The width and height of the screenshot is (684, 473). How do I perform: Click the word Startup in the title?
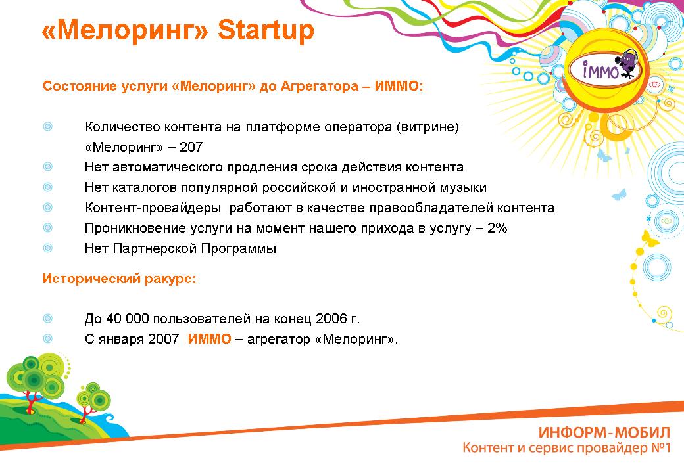pyautogui.click(x=266, y=30)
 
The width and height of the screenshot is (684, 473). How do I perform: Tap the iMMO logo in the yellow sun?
pyautogui.click(x=604, y=69)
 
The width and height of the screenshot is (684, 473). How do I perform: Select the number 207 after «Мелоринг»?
pyautogui.click(x=191, y=147)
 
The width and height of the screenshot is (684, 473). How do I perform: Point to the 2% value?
pyautogui.click(x=497, y=228)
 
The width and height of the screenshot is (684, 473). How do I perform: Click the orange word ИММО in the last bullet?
pyautogui.click(x=209, y=339)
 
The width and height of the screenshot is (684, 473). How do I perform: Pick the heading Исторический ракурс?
pyautogui.click(x=120, y=279)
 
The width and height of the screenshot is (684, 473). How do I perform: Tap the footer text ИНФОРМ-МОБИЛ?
pyautogui.click(x=604, y=432)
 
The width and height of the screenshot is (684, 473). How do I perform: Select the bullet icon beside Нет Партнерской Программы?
pyautogui.click(x=47, y=248)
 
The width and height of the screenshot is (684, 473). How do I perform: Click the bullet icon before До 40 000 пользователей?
pyautogui.click(x=47, y=319)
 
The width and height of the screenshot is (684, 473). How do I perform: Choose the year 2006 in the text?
pyautogui.click(x=332, y=319)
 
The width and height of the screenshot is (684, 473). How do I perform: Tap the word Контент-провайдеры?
pyautogui.click(x=153, y=208)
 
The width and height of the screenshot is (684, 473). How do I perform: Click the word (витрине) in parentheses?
pyautogui.click(x=427, y=127)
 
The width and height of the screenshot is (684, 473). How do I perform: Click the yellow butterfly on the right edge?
pyautogui.click(x=650, y=238)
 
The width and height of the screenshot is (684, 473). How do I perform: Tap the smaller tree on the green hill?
pyautogui.click(x=92, y=401)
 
